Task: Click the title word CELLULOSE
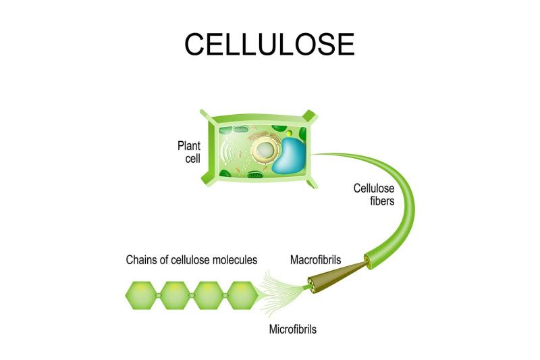point(269,44)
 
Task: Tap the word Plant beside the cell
point(189,145)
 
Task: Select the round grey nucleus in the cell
point(265,150)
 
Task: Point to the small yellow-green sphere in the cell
point(290,133)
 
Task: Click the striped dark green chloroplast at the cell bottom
point(255,176)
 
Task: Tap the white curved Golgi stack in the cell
point(228,151)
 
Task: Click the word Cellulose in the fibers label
point(374,188)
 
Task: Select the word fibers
point(382,201)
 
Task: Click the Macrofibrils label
point(315,259)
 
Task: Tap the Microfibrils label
point(292,329)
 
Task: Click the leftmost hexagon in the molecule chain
point(141,295)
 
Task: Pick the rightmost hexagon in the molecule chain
point(242,295)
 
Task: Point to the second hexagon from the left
point(175,295)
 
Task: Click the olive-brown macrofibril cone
point(335,276)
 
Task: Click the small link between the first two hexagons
point(158,296)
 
